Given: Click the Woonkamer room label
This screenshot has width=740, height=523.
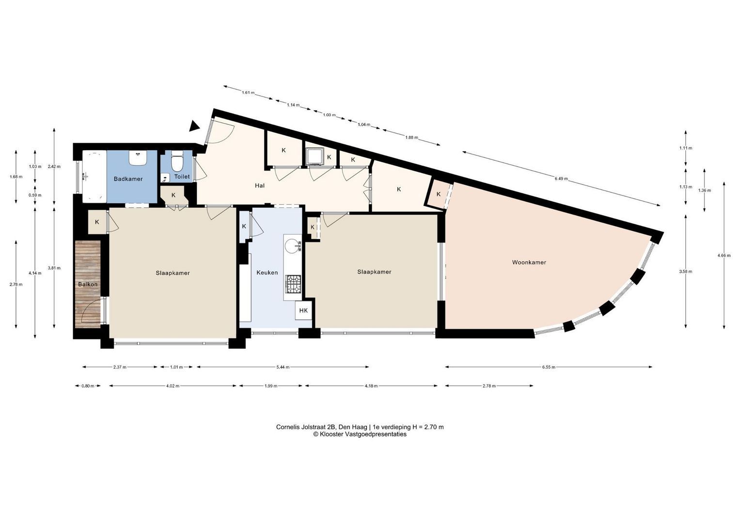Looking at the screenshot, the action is coord(529,262).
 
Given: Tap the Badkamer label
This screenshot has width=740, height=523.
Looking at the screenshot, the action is coord(128,179).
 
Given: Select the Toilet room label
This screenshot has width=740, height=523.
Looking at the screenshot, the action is coord(182,177).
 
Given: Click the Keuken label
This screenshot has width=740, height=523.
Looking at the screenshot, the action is coord(267,273).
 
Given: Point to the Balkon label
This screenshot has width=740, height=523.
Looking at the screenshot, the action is coord(88,284).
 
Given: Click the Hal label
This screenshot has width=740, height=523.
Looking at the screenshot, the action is coord(260,185).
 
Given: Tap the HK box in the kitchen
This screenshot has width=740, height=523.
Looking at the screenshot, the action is coord(303,310).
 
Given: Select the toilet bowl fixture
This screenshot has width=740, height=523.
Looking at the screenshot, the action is coord(177,160).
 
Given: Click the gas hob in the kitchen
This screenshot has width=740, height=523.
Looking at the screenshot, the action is coord(293,284).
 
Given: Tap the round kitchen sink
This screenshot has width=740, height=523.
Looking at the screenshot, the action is coord(293,246).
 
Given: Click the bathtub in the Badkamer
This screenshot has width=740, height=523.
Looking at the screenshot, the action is coord(94,176).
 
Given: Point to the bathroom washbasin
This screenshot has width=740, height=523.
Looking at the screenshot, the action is coord(138,158).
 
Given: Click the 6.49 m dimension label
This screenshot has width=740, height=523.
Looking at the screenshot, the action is coord(561,179).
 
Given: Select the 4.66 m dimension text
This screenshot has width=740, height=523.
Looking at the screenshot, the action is coord(724,255).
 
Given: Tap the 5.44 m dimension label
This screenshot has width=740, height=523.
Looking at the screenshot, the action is coord(283,367).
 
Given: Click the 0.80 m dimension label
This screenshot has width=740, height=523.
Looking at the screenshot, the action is coord(88,385).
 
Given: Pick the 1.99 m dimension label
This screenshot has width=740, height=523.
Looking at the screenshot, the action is coord(271,385).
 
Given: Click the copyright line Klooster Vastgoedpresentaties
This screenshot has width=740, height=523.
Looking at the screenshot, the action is coord(360,434).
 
